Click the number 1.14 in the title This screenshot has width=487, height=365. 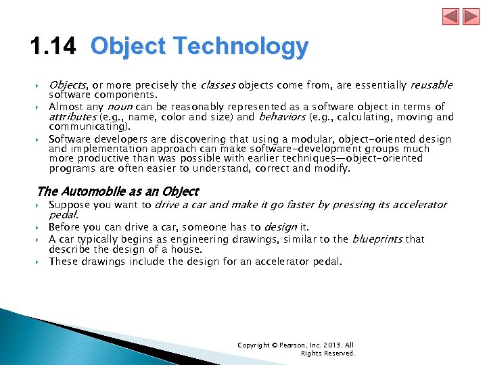point(55,47)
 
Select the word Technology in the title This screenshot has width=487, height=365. point(240,47)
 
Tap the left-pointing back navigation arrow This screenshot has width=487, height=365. point(450,16)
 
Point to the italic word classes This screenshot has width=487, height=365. point(217,85)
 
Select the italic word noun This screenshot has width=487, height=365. point(120,107)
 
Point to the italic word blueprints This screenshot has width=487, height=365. point(378,239)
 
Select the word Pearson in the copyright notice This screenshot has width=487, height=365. point(286,345)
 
